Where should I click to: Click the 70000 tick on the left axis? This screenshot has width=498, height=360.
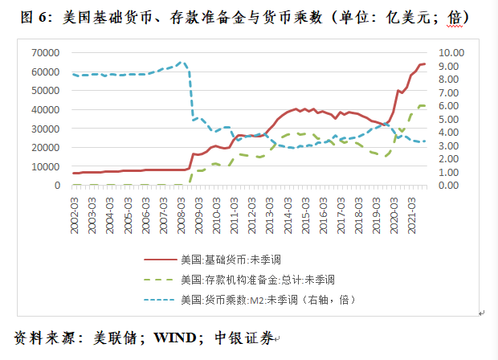[47, 52]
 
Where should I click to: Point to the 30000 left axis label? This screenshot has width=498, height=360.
[47, 129]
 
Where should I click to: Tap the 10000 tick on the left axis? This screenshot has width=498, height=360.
[47, 166]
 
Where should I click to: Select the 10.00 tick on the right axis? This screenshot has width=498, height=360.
[451, 52]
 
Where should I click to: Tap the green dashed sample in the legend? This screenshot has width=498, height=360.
[161, 280]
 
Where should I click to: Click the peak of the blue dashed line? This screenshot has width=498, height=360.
[182, 62]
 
